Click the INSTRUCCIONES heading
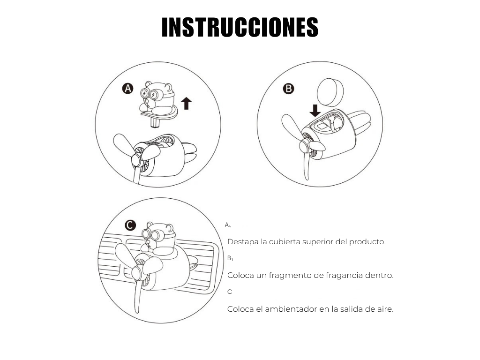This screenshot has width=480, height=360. click(x=240, y=27)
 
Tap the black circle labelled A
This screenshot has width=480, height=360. click(x=127, y=89)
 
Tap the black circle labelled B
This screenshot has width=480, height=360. click(x=288, y=89)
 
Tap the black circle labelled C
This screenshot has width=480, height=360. click(x=130, y=225)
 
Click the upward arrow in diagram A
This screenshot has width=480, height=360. click(x=186, y=104)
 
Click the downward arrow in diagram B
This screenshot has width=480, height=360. click(x=315, y=111)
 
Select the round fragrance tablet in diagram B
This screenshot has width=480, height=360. click(x=330, y=92)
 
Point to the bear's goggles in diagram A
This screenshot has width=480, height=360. click(x=149, y=94)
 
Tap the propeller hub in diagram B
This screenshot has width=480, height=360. click(x=305, y=146)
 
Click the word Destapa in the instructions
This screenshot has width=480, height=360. click(x=243, y=242)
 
